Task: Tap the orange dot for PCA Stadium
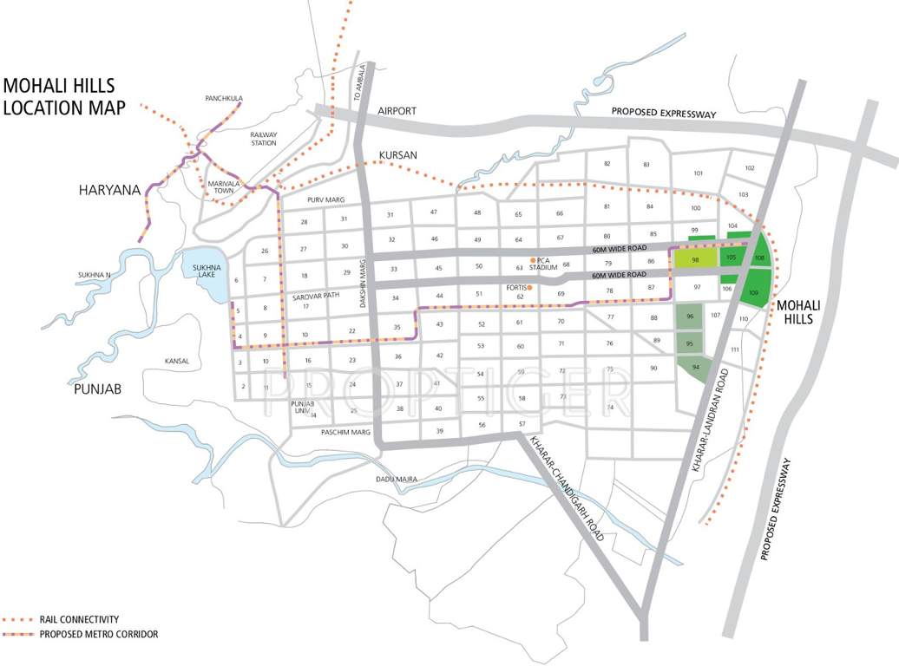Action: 534,259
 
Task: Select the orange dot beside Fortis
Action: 529,288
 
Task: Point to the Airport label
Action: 397,111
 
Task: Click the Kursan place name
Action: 398,155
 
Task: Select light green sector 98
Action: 695,260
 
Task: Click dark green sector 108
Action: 759,258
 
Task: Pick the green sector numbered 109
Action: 753,294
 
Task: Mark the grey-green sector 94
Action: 696,368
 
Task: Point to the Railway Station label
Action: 263,140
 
